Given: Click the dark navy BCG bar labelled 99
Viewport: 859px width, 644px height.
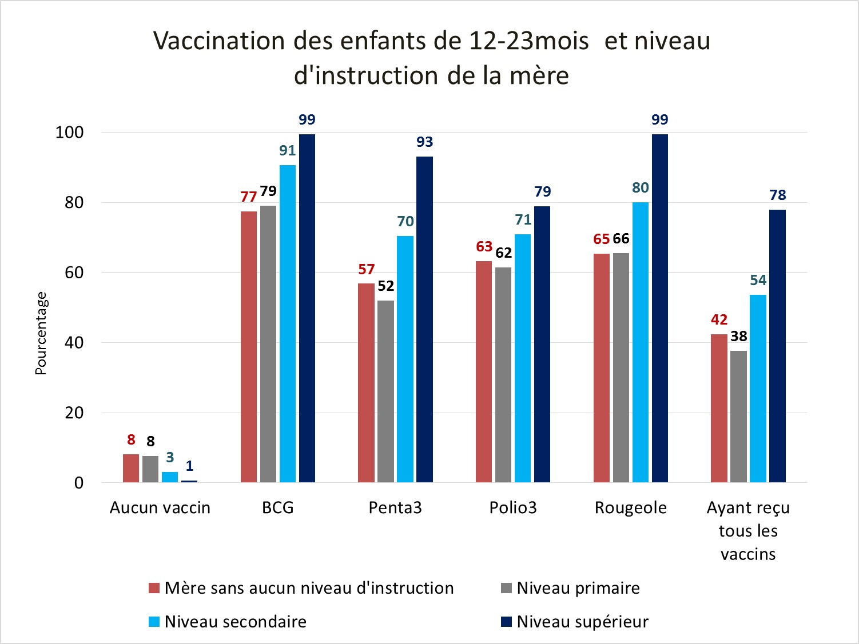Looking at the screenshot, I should [307, 309].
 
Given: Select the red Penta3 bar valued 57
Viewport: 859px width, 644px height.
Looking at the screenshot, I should [366, 383].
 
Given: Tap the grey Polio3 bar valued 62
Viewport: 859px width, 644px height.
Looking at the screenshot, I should [503, 375].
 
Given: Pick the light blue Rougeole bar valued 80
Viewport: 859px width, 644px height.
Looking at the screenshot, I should [641, 342].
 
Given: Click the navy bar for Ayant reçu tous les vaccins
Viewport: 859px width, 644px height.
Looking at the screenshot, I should [777, 346].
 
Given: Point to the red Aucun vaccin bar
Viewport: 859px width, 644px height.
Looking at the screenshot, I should [131, 469].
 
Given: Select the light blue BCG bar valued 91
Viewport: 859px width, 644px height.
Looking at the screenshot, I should [288, 323].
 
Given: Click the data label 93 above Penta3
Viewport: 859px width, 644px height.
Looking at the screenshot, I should [424, 142].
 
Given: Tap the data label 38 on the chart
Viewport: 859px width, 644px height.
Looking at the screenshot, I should [739, 337].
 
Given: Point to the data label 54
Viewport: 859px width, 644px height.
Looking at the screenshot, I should [758, 281].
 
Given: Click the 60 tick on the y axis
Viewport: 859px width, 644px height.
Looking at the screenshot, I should [74, 273].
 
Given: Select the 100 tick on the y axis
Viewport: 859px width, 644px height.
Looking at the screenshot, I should [69, 133].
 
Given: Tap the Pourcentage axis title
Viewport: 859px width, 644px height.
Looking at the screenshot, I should [41, 333].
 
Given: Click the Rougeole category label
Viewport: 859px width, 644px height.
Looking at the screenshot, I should [631, 508].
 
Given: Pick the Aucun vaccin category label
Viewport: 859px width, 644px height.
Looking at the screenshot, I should [160, 508].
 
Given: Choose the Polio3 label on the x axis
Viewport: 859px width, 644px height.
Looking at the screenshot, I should [513, 508].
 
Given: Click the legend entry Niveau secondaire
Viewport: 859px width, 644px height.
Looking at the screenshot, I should [235, 622].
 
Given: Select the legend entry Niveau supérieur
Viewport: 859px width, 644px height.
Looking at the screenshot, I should [582, 622].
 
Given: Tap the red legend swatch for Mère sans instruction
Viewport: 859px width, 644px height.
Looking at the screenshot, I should [154, 588].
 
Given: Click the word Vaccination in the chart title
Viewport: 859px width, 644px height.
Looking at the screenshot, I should [219, 41].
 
